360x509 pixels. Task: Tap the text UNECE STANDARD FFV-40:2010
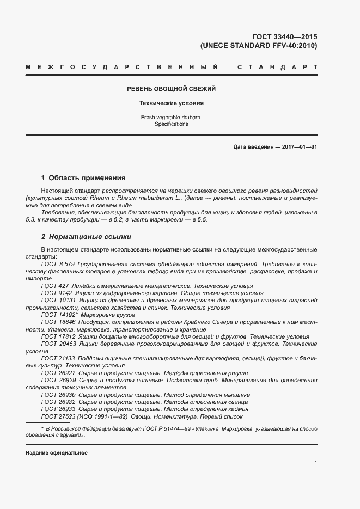[259, 46]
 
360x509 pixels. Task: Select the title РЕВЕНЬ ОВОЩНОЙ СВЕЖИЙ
[171, 89]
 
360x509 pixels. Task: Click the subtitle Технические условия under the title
[171, 102]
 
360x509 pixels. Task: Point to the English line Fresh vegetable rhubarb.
[171, 117]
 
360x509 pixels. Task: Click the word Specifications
[171, 124]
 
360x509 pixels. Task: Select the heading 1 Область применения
[83, 178]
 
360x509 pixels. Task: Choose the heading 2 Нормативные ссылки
[86, 237]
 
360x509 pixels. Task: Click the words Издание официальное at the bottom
[56, 452]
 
